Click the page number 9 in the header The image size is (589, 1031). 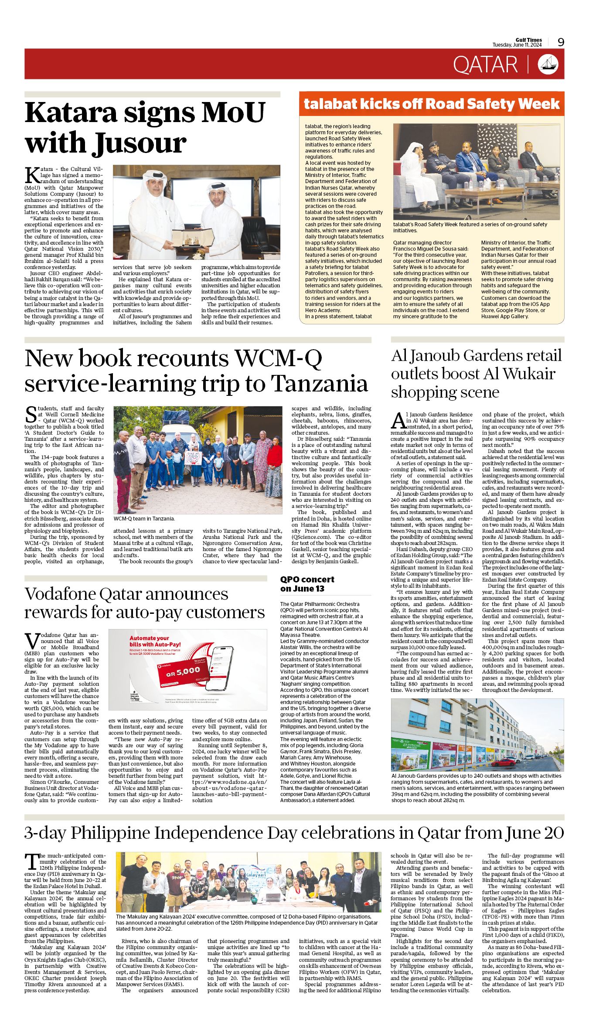click(x=561, y=42)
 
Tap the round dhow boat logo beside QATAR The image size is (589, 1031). click(x=548, y=64)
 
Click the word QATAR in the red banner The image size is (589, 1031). click(x=485, y=65)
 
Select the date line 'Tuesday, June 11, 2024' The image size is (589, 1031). click(x=517, y=45)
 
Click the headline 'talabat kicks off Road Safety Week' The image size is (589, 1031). click(x=431, y=104)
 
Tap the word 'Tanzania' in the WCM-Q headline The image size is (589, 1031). click(x=319, y=384)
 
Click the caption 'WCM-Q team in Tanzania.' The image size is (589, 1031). click(x=144, y=519)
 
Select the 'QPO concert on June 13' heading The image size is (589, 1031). click(x=307, y=584)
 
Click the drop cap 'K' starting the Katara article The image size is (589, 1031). click(x=32, y=174)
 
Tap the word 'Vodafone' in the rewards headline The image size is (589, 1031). click(x=60, y=594)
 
